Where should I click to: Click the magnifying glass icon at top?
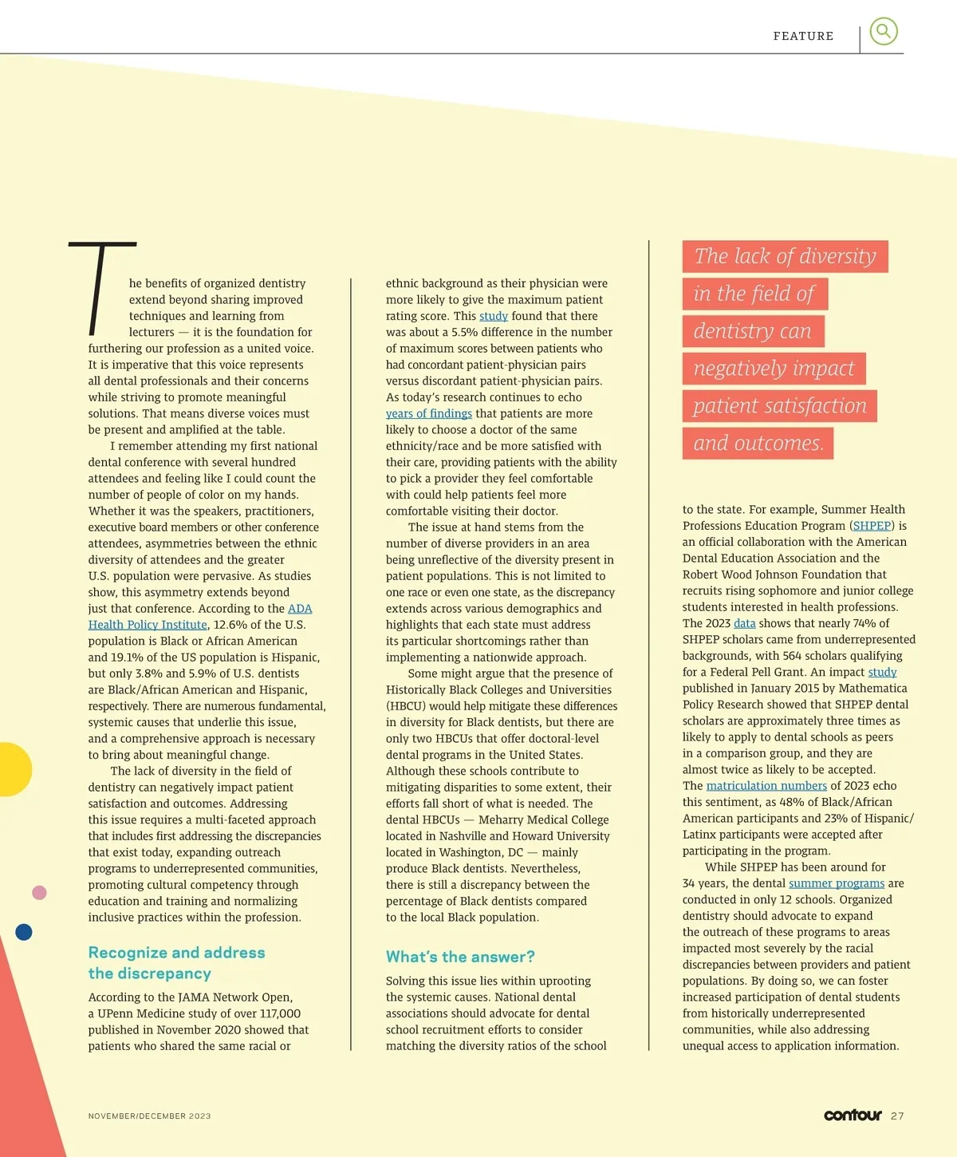[883, 31]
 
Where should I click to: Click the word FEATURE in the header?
[803, 36]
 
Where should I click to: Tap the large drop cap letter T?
[101, 288]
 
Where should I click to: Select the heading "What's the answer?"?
[460, 957]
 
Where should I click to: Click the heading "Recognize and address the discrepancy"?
[176, 962]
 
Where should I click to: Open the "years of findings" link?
[429, 413]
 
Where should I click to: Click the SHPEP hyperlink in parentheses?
[872, 526]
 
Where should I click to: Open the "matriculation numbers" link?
[766, 786]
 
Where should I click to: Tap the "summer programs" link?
[837, 883]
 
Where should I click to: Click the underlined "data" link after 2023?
[744, 623]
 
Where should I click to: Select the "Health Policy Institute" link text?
[148, 625]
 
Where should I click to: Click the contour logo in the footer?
[853, 1115]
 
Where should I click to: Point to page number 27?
[897, 1116]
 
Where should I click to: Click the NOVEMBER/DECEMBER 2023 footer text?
[149, 1116]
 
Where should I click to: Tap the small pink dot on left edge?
[39, 893]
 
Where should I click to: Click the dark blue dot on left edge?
[24, 931]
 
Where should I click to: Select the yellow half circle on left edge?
[14, 769]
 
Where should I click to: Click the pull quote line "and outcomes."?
[758, 444]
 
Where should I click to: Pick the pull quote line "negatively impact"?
[774, 369]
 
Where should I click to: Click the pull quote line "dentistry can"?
[753, 331]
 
